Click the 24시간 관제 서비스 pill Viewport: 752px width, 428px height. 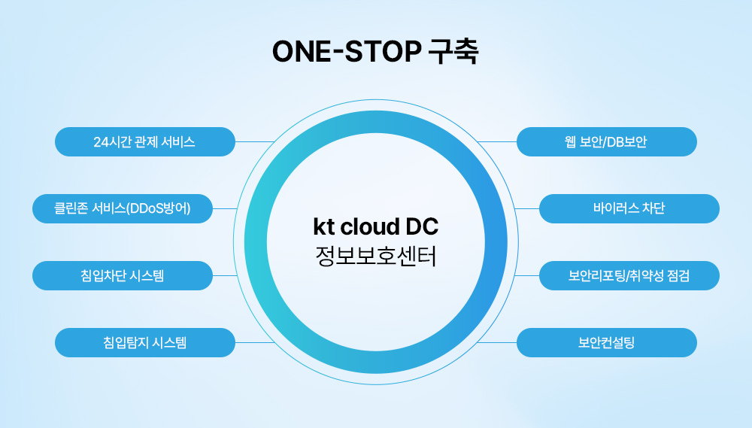[x=145, y=141]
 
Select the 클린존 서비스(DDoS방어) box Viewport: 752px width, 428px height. [x=123, y=208]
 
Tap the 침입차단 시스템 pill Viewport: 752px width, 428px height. [x=123, y=275]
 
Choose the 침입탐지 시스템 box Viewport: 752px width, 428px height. [x=145, y=342]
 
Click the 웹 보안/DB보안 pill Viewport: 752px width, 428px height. [x=607, y=141]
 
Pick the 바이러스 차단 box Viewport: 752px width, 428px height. [x=629, y=208]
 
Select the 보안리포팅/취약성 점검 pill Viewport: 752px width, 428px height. [x=629, y=275]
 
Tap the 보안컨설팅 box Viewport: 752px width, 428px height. [x=607, y=342]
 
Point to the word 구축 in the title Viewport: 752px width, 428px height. [x=452, y=52]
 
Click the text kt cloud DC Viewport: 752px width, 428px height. [x=375, y=227]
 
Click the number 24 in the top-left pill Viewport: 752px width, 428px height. [x=100, y=141]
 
